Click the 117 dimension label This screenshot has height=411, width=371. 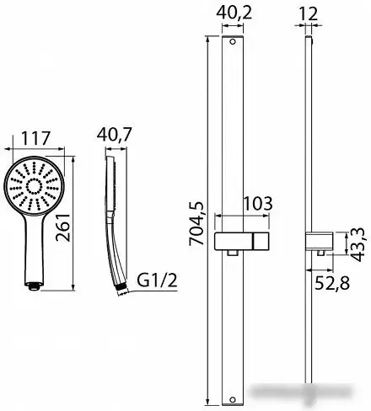35,138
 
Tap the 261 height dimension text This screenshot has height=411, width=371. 62,227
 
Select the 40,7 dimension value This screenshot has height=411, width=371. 114,135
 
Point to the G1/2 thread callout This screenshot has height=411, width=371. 158,280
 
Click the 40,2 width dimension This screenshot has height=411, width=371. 234,13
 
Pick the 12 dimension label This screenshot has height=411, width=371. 308,13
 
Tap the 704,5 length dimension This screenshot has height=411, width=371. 196,224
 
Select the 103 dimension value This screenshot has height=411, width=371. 258,204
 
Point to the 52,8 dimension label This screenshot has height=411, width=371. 332,283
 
